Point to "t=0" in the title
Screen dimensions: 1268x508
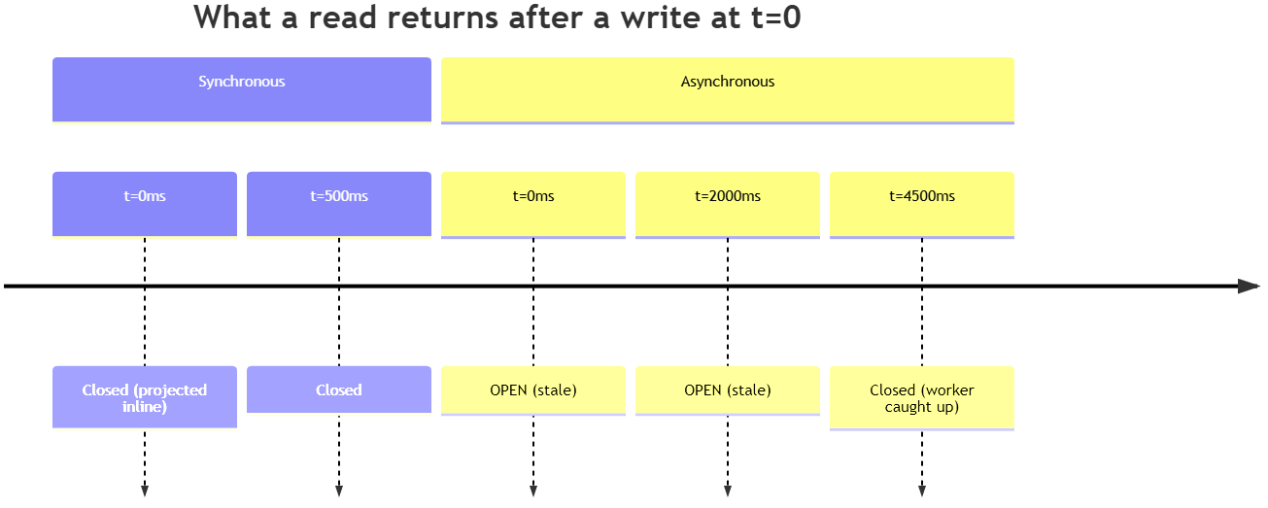(x=776, y=17)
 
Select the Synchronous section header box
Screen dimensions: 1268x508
(x=242, y=90)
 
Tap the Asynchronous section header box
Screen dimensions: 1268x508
(x=728, y=90)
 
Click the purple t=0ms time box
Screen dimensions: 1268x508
(x=145, y=204)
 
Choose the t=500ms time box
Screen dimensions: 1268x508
(x=339, y=204)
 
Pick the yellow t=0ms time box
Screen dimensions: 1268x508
(x=533, y=204)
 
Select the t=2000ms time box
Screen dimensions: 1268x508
(x=728, y=204)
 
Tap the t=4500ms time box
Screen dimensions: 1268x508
(x=922, y=204)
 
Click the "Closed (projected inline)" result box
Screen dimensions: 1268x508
(x=145, y=397)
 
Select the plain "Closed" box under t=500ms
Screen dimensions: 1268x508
(x=339, y=389)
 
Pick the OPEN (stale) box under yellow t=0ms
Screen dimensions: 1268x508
(x=533, y=390)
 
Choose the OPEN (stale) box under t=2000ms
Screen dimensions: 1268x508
(x=728, y=390)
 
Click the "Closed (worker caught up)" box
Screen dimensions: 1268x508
(x=922, y=397)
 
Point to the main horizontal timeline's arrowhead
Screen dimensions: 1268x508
(x=1249, y=287)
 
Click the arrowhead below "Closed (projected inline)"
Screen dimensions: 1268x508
(x=145, y=491)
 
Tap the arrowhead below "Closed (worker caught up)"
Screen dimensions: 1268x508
(x=922, y=491)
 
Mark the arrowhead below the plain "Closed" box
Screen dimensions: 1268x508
(x=339, y=491)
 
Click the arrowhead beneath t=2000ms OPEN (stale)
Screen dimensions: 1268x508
(x=728, y=491)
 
